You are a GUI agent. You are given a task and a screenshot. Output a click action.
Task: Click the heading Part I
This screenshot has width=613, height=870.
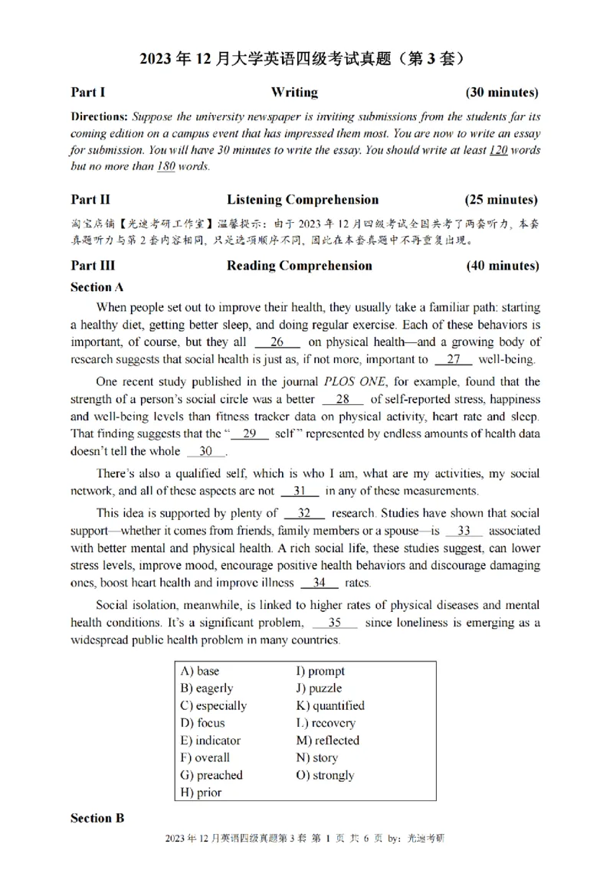click(x=88, y=93)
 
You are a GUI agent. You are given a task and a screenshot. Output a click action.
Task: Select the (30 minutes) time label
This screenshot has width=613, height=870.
click(x=502, y=93)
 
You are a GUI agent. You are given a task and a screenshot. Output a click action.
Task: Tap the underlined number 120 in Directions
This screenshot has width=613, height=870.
click(x=497, y=150)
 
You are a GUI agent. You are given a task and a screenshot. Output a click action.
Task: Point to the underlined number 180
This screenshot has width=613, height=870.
click(x=166, y=167)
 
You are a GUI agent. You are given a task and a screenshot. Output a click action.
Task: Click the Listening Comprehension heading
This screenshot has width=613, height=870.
click(x=302, y=200)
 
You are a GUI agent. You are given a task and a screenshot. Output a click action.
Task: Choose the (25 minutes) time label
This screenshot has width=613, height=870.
click(x=502, y=200)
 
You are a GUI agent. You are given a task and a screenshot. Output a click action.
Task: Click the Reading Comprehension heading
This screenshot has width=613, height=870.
click(x=299, y=266)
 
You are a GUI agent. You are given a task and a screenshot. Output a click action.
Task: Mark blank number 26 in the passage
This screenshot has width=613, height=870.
click(x=277, y=342)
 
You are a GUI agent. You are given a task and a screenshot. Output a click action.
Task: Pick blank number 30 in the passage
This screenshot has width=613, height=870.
click(x=205, y=452)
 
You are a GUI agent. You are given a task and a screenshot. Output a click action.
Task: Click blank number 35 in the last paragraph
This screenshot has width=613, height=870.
click(x=334, y=622)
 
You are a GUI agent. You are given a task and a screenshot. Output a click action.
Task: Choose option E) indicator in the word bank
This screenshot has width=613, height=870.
click(x=211, y=741)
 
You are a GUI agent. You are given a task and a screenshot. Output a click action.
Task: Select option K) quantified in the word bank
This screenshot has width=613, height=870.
click(x=330, y=705)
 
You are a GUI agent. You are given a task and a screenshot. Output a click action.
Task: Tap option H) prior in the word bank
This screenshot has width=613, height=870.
click(x=201, y=793)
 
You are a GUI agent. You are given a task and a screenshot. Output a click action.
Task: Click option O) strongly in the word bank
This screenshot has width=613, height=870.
click(x=325, y=775)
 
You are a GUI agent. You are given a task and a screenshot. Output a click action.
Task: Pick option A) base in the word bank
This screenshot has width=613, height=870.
click(x=200, y=671)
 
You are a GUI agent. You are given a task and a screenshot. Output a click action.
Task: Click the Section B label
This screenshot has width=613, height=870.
click(x=97, y=818)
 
